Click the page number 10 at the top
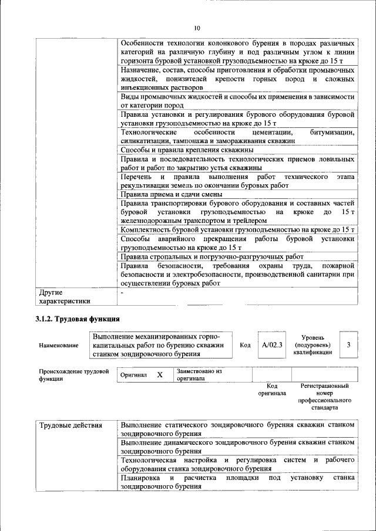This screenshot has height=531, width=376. coord(197,28)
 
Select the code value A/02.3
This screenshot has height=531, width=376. coord(272,345)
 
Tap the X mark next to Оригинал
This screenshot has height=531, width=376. coord(159,374)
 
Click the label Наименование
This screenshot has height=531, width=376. coord(58,346)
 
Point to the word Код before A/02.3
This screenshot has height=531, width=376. coord(245,345)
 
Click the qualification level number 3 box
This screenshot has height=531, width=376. coord(348,345)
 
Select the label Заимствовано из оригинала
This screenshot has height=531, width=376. coord(200,375)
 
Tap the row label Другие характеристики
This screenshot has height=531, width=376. coord(64,296)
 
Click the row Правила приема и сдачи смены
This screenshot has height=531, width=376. coord(171,194)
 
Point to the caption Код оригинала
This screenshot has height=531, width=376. coord(271,390)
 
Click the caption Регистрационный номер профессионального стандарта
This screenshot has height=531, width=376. coord(325,396)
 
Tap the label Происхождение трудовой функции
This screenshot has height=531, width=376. coord(74,375)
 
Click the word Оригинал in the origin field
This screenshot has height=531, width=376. coord(133,374)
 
